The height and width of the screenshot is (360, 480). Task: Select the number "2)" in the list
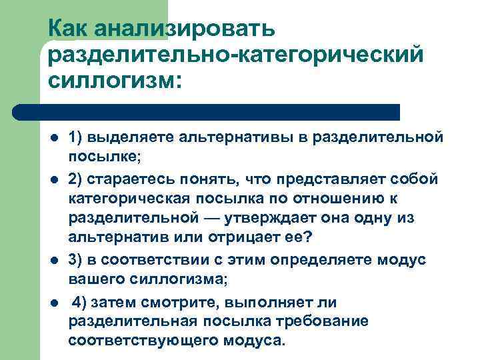pos(77,179)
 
